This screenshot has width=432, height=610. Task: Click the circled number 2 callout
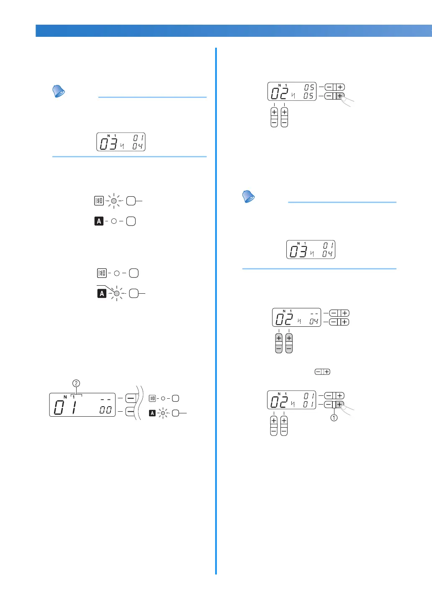tap(76, 383)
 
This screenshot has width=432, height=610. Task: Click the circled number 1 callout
tap(334, 418)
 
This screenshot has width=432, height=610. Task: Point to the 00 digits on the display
tap(105, 410)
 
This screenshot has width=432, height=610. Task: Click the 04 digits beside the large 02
tap(314, 321)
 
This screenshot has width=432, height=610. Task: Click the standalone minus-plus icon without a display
tap(322, 372)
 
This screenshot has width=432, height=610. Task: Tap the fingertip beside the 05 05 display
tap(348, 100)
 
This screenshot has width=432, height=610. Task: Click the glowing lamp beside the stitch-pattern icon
tap(114, 201)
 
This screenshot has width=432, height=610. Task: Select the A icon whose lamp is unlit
tap(99, 221)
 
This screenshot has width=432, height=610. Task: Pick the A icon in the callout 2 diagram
tap(152, 413)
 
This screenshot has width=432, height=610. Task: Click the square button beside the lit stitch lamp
tap(131, 201)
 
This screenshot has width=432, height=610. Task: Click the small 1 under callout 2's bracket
tap(74, 397)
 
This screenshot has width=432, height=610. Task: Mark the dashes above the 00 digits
tap(105, 400)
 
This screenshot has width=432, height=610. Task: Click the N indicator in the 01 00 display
tap(65, 397)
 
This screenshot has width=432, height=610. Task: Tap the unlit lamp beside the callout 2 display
tap(163, 398)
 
